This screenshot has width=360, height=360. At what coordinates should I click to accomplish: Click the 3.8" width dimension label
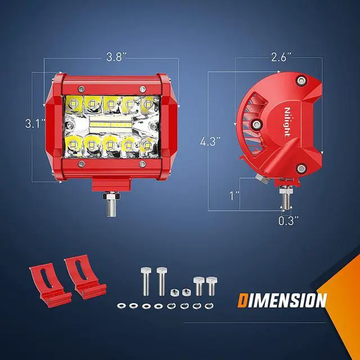(x=116, y=57)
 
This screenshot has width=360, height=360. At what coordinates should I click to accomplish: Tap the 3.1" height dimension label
(x=35, y=124)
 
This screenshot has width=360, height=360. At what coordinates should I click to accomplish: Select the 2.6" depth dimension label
(x=281, y=57)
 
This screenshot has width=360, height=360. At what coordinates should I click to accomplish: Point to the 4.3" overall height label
(x=210, y=141)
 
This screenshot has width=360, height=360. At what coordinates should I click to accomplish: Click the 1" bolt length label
(x=235, y=196)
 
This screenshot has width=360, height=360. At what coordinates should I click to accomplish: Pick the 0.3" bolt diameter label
(x=289, y=221)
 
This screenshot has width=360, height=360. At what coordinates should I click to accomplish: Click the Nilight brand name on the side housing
(x=287, y=122)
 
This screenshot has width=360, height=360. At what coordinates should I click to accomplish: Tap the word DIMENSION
(x=282, y=300)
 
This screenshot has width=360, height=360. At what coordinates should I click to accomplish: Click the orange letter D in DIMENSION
(x=242, y=300)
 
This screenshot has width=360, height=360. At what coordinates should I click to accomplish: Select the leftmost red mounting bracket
(x=49, y=285)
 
